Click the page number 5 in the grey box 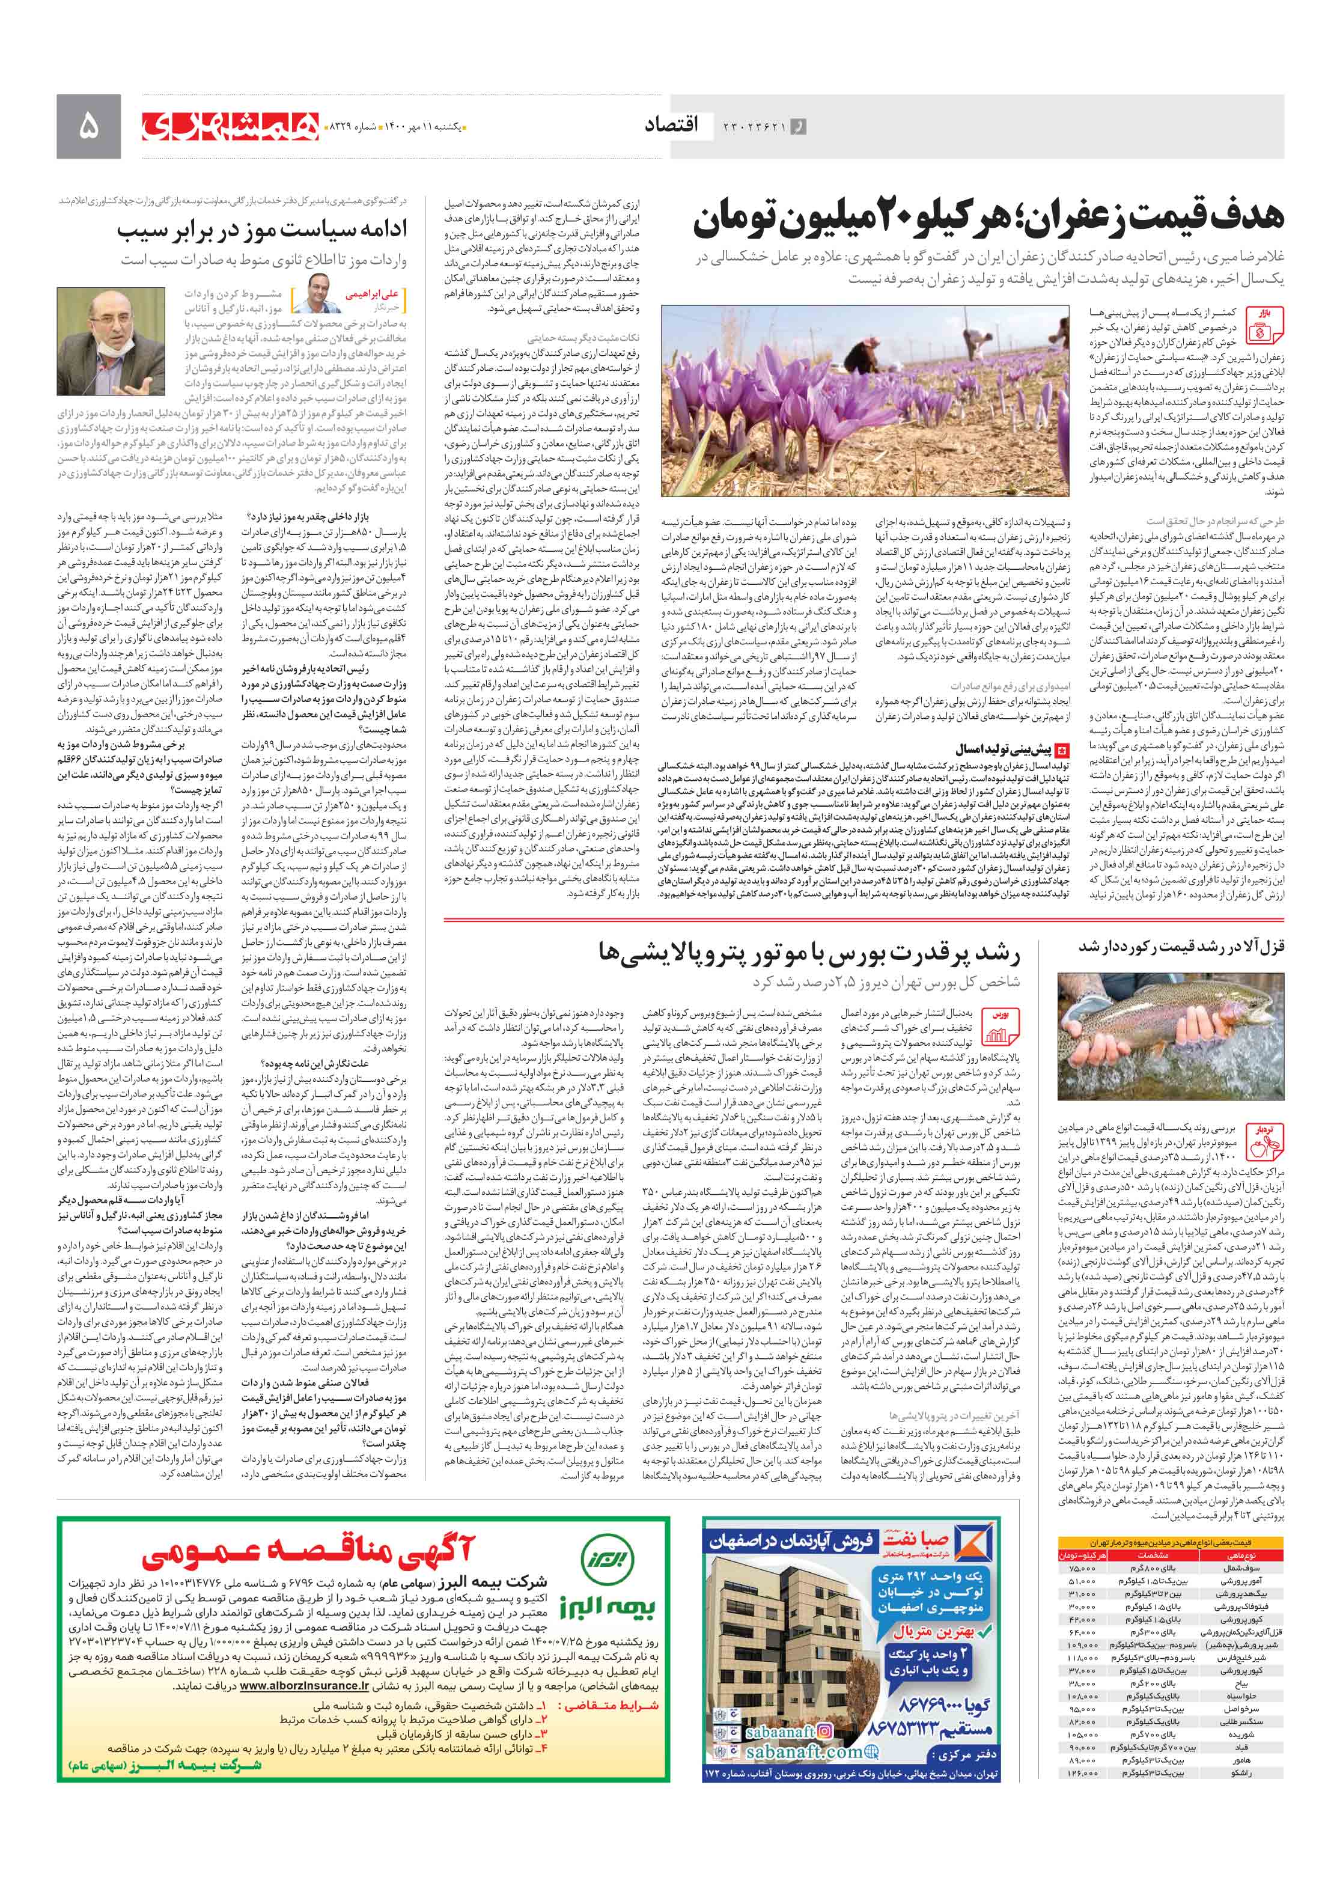click(88, 126)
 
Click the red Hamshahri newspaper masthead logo click(230, 126)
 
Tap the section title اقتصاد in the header click(671, 125)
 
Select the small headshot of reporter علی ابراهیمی click(323, 294)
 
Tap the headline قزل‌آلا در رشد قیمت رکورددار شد click(1181, 946)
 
